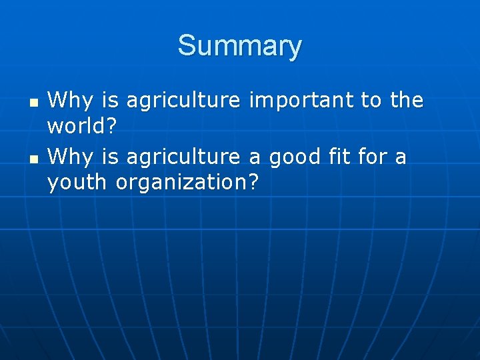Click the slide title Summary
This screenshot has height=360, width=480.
pos(239,46)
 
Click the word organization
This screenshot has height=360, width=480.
pos(181,181)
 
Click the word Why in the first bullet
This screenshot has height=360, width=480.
pos(71,101)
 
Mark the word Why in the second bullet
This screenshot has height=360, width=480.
pos(71,157)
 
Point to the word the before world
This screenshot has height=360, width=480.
pos(407,101)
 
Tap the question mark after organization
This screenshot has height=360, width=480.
pos(252,181)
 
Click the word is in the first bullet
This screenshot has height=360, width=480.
pos(110,101)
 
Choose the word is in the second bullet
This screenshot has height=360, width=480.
pos(110,157)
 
